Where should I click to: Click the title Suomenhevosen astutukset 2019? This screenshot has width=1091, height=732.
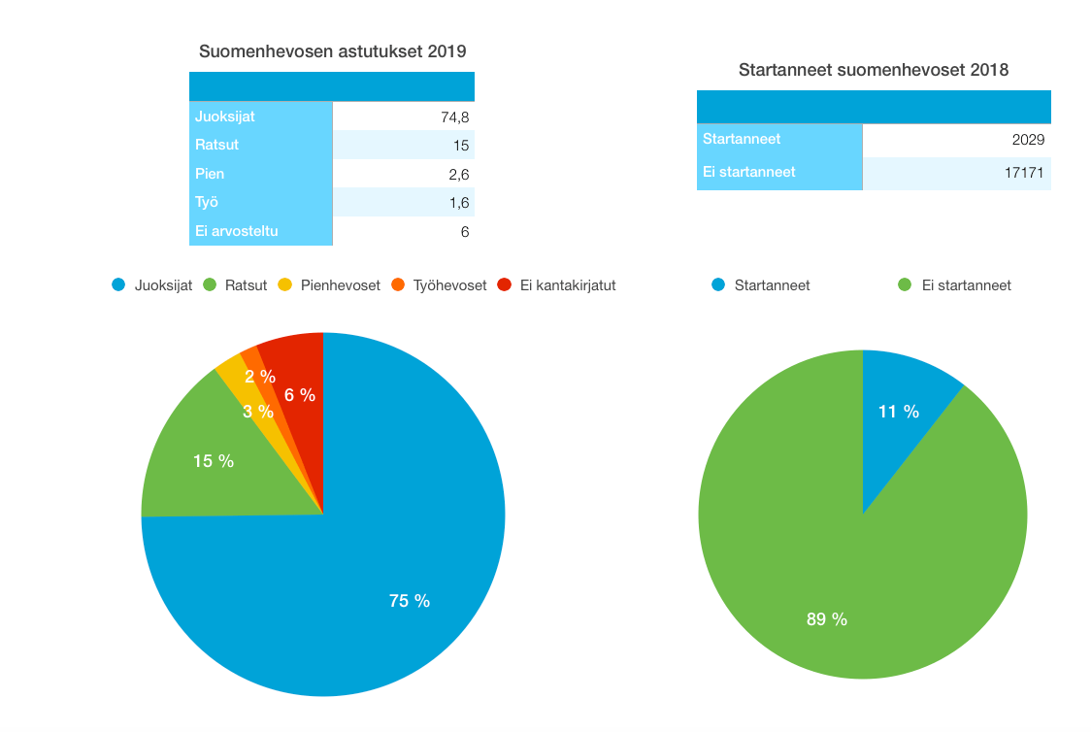[x=332, y=51]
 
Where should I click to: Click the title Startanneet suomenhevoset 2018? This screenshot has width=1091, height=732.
[x=873, y=70]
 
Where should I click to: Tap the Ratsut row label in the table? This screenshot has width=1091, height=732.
[x=217, y=145]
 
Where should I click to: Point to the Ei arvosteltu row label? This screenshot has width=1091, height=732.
[x=237, y=231]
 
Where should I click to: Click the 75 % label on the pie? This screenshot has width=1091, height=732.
[x=409, y=601]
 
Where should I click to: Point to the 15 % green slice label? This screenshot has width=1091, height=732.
[x=214, y=461]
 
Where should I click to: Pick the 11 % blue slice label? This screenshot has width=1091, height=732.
[x=898, y=412]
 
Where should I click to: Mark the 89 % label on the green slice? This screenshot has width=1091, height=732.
[x=826, y=618]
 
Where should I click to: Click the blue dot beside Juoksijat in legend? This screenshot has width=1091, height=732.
[x=119, y=285]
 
